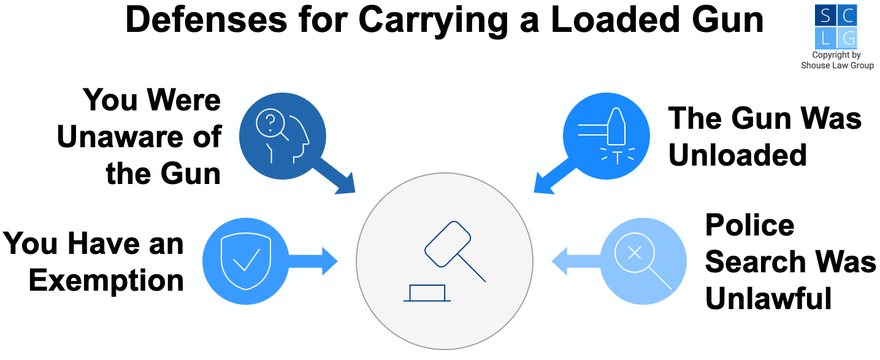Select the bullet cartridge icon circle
coord(606,136)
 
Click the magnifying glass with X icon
coord(643,261)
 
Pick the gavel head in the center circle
coord(448,243)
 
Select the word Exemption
coord(106,280)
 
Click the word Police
coord(749,225)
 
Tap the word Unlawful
coord(768,299)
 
